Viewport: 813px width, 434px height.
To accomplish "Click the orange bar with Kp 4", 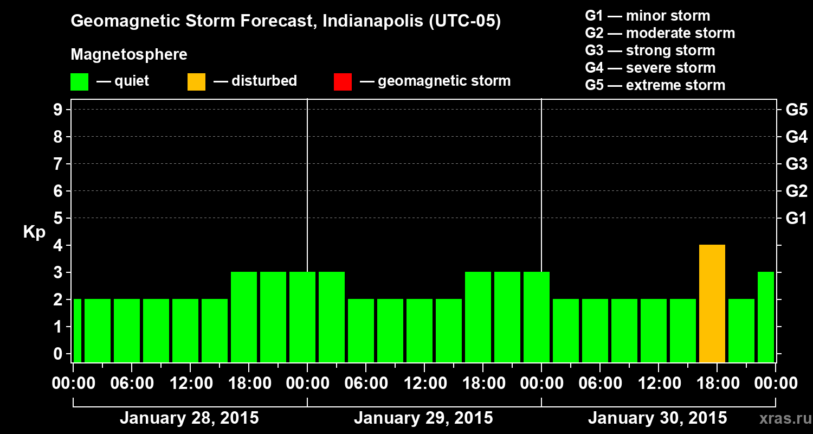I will pyautogui.click(x=712, y=303).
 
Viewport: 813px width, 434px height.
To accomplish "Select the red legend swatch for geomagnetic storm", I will pyautogui.click(x=343, y=82).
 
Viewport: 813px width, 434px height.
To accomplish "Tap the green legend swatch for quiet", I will pyautogui.click(x=79, y=82).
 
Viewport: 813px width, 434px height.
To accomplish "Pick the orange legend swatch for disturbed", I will pyautogui.click(x=196, y=82).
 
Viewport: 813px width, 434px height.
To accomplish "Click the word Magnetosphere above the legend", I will pyautogui.click(x=129, y=55).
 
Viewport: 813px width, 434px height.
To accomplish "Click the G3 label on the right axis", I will pyautogui.click(x=796, y=164).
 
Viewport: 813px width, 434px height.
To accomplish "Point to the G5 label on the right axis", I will pyautogui.click(x=796, y=110).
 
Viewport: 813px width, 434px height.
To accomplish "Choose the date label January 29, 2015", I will pyautogui.click(x=423, y=418).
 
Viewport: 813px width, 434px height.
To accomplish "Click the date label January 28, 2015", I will pyautogui.click(x=189, y=418).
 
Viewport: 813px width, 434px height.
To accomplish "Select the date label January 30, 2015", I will pyautogui.click(x=657, y=418).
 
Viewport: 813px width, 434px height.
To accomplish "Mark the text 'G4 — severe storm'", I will pyautogui.click(x=650, y=68).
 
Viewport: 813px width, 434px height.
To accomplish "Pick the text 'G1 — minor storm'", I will pyautogui.click(x=647, y=16).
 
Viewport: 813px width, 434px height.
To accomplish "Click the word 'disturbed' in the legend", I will pyautogui.click(x=264, y=81).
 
